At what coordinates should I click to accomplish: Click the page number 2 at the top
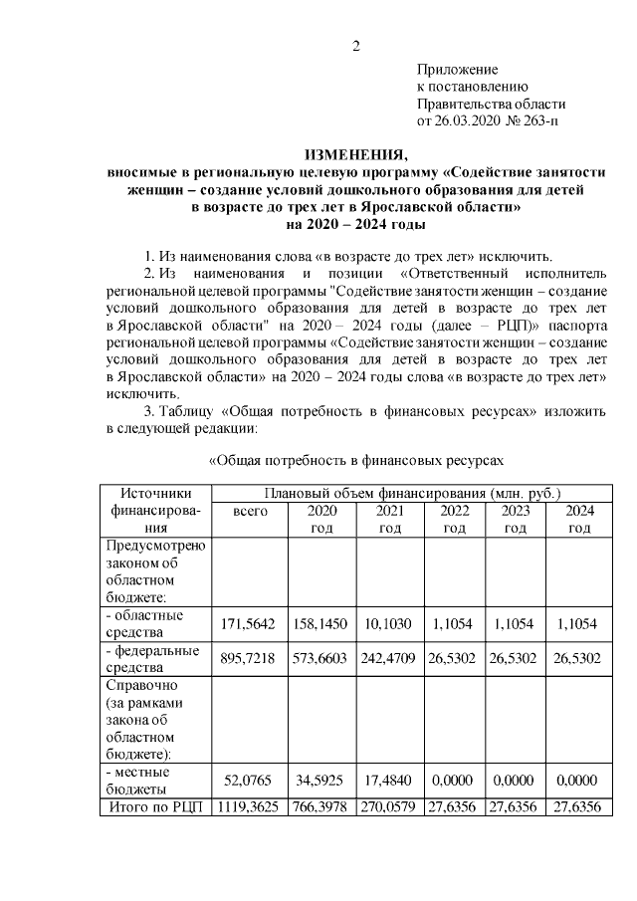(x=355, y=45)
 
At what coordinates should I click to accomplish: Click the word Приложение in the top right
(x=456, y=70)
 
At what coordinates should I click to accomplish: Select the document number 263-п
(x=536, y=120)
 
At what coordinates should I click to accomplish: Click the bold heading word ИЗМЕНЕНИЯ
(x=355, y=155)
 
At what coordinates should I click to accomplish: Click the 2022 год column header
(x=454, y=519)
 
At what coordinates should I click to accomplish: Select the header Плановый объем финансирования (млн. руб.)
(x=411, y=493)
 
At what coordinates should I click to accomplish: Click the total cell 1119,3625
(x=250, y=807)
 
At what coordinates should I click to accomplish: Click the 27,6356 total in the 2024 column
(x=579, y=807)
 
